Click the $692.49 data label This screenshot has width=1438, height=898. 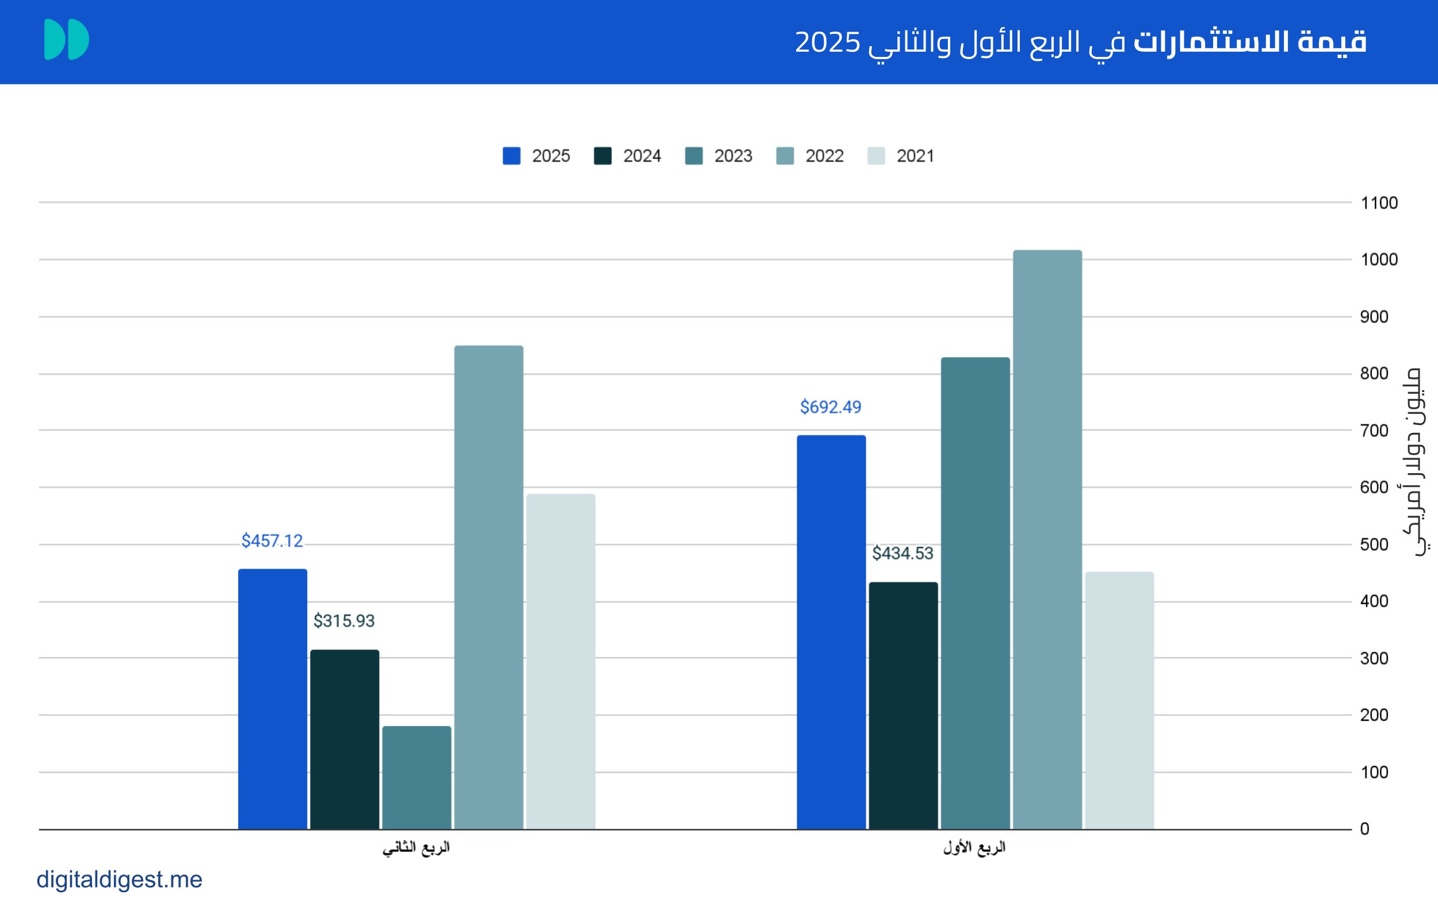pos(830,408)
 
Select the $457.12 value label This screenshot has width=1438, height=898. pos(271,541)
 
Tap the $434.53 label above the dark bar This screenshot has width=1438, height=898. pos(902,554)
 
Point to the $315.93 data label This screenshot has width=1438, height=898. pos(344,621)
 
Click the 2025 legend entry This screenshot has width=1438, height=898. pos(536,156)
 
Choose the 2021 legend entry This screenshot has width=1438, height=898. pos(901,156)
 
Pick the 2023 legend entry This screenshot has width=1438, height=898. pos(718,156)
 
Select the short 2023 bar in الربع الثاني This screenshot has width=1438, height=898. pos(416,777)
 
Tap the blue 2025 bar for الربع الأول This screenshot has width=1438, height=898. pos(831,632)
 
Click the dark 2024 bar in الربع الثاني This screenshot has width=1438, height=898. pos(345,739)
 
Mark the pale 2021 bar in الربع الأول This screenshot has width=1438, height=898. pos(1119,701)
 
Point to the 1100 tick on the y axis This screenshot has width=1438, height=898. pos(1379,203)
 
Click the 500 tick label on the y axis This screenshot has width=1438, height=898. pos(1374,544)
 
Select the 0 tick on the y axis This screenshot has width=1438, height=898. pos(1365,829)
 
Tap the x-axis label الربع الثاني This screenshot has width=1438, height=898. pos(416,847)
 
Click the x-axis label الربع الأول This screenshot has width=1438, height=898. pos(974,847)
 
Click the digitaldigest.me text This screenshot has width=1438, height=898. pos(120,880)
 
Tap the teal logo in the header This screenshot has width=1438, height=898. pos(67,40)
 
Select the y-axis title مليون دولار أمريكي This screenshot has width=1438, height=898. pos(1417,462)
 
